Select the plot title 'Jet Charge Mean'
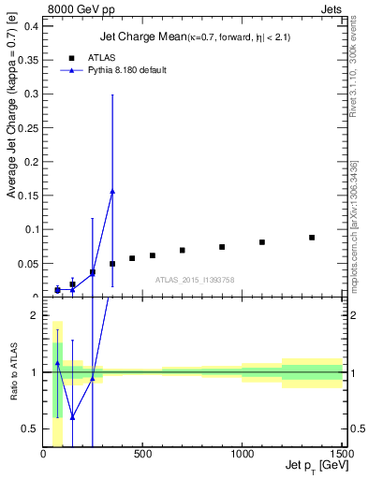point(131,37)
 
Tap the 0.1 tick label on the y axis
point(30,229)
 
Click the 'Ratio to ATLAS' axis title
point(13,372)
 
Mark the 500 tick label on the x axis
point(142,454)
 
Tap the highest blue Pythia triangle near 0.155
point(112,191)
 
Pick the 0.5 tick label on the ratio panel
point(30,428)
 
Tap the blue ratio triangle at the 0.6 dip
point(72,417)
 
